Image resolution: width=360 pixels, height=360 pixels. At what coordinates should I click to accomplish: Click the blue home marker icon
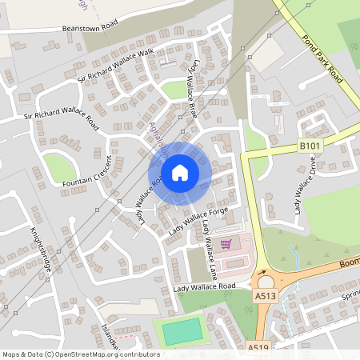[180, 172]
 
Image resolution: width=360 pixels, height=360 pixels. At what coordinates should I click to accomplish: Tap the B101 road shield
[310, 145]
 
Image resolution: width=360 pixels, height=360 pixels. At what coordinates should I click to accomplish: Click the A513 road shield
[265, 295]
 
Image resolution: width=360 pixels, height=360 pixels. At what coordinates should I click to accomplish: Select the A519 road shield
[258, 348]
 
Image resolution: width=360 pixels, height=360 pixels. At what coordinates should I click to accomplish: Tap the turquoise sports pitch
[182, 330]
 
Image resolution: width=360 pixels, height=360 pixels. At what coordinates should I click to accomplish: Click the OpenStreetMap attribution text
[80, 354]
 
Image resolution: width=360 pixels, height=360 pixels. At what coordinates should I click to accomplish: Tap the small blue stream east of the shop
[296, 258]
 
